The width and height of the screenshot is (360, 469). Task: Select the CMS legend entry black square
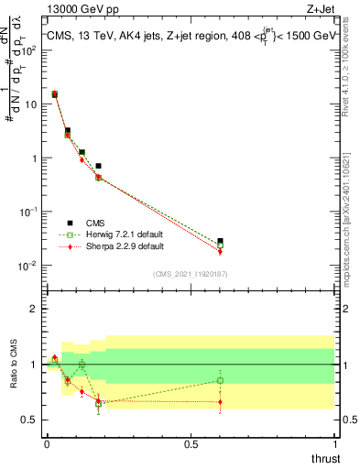coord(70,222)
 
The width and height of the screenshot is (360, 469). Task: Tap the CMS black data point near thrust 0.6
coord(220,241)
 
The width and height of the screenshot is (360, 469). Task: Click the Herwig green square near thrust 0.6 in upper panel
coord(220,245)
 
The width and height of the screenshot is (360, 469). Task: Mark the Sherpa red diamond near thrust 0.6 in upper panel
coord(220,252)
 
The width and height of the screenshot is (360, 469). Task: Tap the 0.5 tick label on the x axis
coord(191,445)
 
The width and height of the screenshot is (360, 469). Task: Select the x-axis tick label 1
coord(334,445)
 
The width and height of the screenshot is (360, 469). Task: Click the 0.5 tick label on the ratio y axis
coord(29,420)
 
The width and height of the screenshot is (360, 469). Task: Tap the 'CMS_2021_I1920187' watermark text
coord(190,273)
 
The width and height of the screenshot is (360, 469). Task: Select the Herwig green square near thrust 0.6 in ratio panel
coord(220,380)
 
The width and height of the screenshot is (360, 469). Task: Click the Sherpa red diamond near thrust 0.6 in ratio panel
coord(220,401)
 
